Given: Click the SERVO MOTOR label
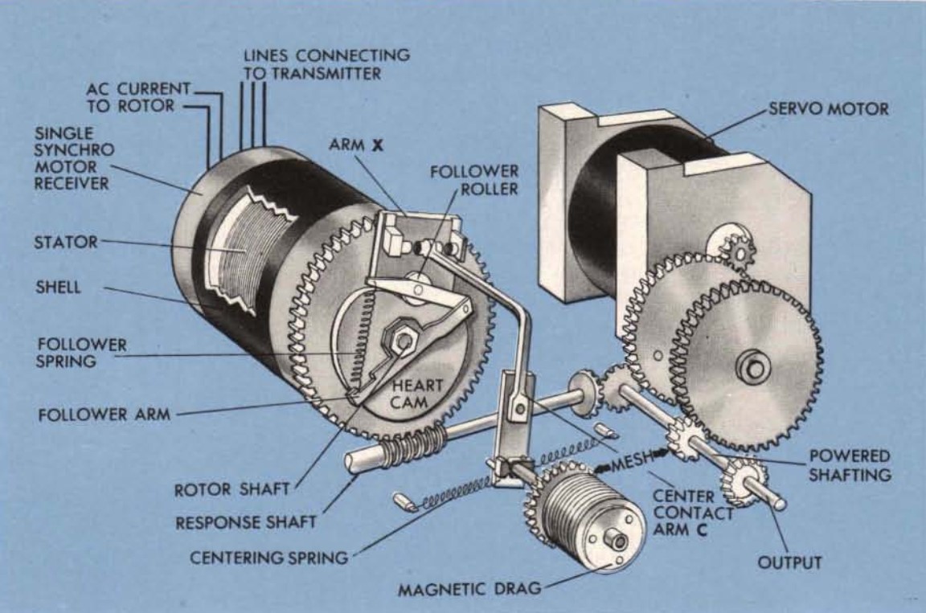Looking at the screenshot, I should point(829,108).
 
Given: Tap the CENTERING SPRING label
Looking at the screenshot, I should point(268,557).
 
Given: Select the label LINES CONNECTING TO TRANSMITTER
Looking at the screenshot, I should point(326,64).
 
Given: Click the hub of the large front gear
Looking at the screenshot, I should point(753,367).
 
